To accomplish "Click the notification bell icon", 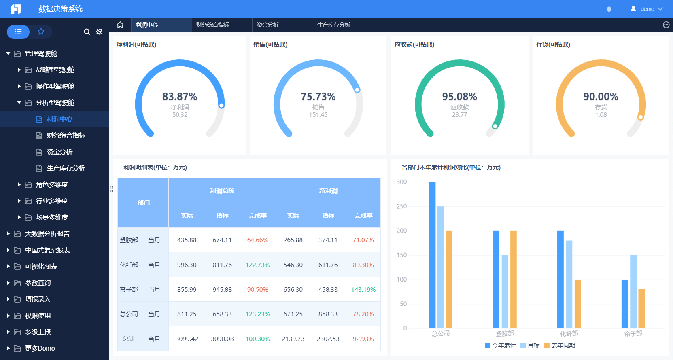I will (x=609, y=9).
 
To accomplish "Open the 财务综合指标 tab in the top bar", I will (x=213, y=25).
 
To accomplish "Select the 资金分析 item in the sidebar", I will (x=59, y=152).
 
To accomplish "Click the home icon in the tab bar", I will (x=120, y=25).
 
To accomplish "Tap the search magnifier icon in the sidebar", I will (x=87, y=32).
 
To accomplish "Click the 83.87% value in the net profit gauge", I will (x=180, y=97).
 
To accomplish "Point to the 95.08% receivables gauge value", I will (x=459, y=97).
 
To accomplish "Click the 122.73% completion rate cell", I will (x=257, y=265).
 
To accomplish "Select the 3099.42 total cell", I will (x=187, y=339).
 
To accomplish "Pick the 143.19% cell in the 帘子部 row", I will (x=363, y=290).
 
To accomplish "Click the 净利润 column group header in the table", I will (x=328, y=191).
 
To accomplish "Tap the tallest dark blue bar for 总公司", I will (x=432, y=255).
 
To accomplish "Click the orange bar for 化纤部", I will (x=577, y=303).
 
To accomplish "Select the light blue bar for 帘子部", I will (x=633, y=291).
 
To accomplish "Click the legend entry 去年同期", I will (x=560, y=345).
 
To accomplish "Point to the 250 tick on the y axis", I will (x=401, y=206).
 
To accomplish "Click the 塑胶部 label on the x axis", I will (x=505, y=334).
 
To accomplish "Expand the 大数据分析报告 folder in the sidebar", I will (x=47, y=234).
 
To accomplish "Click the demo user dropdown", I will (x=647, y=9).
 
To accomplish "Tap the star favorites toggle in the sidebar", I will (x=41, y=32).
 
